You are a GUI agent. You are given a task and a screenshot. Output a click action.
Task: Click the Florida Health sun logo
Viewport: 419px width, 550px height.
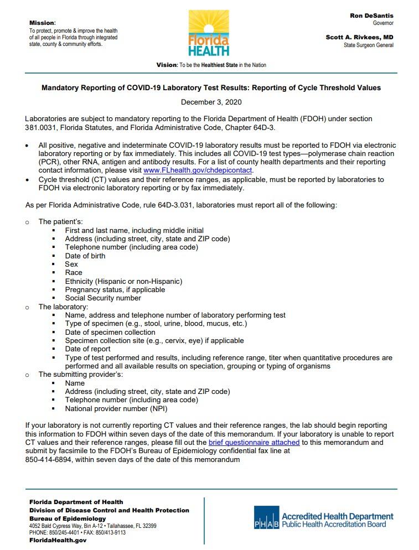pos(209,33)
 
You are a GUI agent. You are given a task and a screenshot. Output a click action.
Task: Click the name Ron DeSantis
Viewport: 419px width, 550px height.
pos(371,16)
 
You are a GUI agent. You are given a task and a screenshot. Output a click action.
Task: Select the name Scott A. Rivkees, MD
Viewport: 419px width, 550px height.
pos(359,37)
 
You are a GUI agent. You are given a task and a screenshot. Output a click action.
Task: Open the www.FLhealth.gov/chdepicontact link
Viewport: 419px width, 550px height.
pos(198,170)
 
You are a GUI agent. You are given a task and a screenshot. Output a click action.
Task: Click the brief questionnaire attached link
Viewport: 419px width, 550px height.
pos(254,443)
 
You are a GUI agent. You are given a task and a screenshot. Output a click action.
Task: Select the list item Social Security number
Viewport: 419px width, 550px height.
pos(103,298)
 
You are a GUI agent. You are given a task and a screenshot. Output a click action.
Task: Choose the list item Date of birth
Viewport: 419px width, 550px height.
pos(85,256)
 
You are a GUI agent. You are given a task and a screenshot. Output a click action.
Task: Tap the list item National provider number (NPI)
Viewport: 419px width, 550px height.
pos(116,408)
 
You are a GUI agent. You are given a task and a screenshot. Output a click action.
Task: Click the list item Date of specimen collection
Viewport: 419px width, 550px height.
pos(110,332)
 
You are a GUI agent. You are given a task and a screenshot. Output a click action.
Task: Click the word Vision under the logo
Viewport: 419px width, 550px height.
pos(166,65)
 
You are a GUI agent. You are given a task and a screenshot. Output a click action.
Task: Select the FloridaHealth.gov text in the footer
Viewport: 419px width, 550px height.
pos(58,540)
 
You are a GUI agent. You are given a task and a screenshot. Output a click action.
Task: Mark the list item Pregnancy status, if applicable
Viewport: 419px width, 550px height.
pos(115,289)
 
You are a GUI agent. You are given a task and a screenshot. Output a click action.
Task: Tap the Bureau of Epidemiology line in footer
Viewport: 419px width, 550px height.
pos(67,518)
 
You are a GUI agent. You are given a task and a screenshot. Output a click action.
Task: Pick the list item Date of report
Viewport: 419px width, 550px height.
pos(87,349)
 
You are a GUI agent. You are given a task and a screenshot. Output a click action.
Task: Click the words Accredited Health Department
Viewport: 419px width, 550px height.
pos(338,516)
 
